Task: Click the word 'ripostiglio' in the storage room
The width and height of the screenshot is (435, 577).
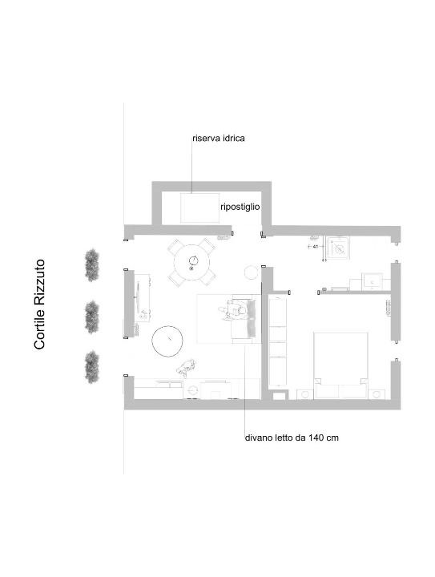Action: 240,208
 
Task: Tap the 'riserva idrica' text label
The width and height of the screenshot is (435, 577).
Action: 219,139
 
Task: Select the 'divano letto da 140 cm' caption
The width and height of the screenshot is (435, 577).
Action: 292,438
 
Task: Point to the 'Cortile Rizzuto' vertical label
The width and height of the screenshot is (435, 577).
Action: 39,305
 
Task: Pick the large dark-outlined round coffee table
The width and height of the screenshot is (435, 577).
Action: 168,341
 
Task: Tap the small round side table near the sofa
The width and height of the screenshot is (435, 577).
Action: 252,272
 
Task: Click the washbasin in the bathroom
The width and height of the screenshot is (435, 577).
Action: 373,281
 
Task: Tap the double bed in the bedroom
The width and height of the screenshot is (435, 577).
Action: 340,365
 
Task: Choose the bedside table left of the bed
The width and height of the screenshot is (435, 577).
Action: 304,394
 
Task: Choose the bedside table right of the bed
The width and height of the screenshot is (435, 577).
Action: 377,394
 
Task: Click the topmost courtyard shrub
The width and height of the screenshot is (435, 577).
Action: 92,264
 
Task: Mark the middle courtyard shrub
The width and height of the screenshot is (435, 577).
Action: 92,317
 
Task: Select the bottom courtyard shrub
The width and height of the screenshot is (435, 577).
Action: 92,367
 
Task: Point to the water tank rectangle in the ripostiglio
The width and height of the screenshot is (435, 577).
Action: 199,208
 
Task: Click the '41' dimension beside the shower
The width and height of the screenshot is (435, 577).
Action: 315,246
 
